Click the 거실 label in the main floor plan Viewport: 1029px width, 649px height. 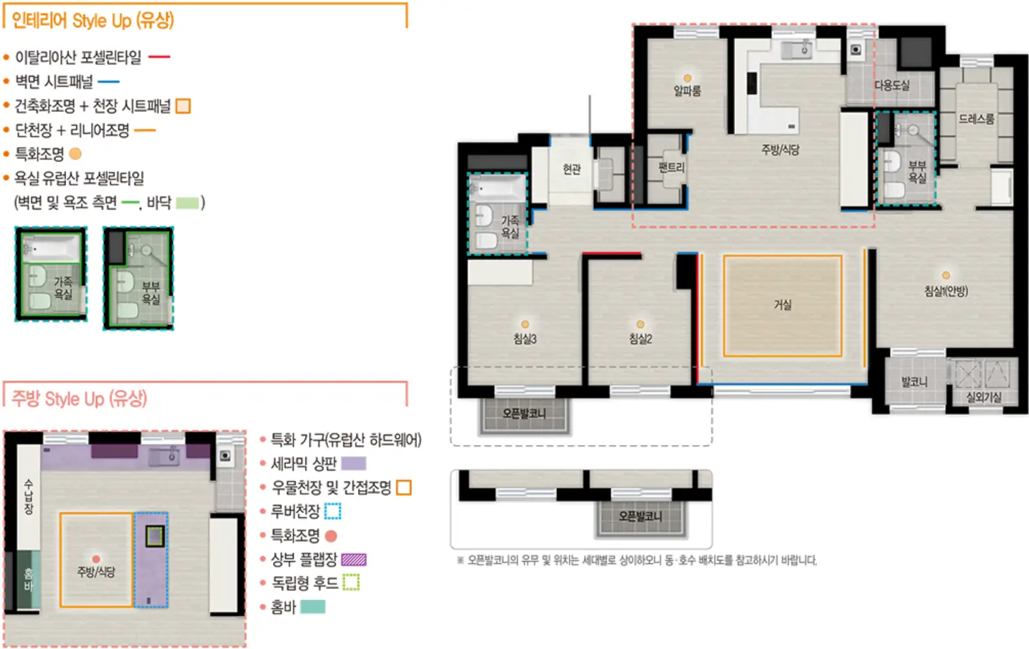(x=783, y=304)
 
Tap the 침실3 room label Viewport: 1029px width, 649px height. (x=525, y=339)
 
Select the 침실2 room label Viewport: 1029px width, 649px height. (x=640, y=339)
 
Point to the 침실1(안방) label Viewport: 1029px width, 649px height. (x=946, y=291)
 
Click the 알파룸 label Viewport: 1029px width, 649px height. (x=687, y=91)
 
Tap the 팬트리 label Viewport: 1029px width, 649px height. (x=671, y=167)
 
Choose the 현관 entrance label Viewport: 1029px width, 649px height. (x=572, y=169)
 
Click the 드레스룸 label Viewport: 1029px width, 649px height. (x=976, y=119)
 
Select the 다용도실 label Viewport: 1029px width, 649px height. (x=892, y=85)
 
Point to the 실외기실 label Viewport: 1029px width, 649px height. (x=983, y=396)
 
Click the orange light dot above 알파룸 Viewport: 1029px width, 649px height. (x=687, y=78)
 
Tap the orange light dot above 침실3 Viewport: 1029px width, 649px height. (x=525, y=324)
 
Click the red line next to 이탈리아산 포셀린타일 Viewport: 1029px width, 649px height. (x=159, y=57)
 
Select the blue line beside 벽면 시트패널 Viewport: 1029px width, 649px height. (x=108, y=82)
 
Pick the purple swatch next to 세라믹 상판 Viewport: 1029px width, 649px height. (x=353, y=463)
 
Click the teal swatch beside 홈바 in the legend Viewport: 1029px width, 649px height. (x=313, y=607)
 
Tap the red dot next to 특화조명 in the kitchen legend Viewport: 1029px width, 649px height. (x=331, y=536)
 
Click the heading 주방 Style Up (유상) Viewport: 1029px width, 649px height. (x=79, y=399)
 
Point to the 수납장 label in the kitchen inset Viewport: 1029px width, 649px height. (x=29, y=497)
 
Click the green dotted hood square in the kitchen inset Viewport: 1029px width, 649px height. (x=155, y=536)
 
